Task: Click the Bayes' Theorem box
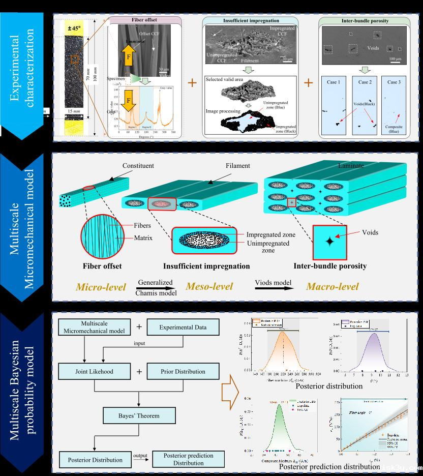(x=132, y=415)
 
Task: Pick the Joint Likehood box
(x=89, y=371)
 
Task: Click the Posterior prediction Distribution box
(x=188, y=459)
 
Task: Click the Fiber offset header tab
(x=145, y=20)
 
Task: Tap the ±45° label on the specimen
(x=74, y=25)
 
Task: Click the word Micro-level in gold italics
(x=101, y=287)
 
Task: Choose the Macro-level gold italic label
(x=332, y=287)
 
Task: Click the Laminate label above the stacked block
(x=351, y=166)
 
